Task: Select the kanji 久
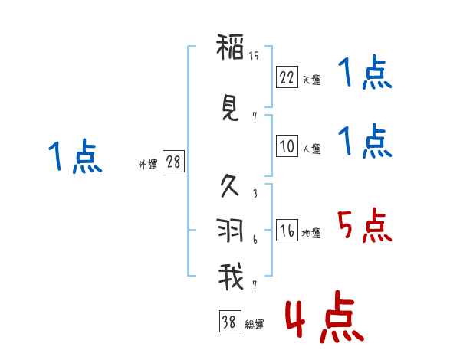(x=230, y=186)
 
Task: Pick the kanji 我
(x=230, y=276)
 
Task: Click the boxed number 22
(x=287, y=77)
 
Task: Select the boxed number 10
(x=287, y=146)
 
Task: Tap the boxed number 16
(x=287, y=230)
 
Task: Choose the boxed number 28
(x=172, y=162)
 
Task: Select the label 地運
(x=310, y=234)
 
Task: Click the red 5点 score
(x=363, y=225)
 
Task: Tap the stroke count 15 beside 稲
(x=254, y=55)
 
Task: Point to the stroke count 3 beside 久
(x=254, y=193)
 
